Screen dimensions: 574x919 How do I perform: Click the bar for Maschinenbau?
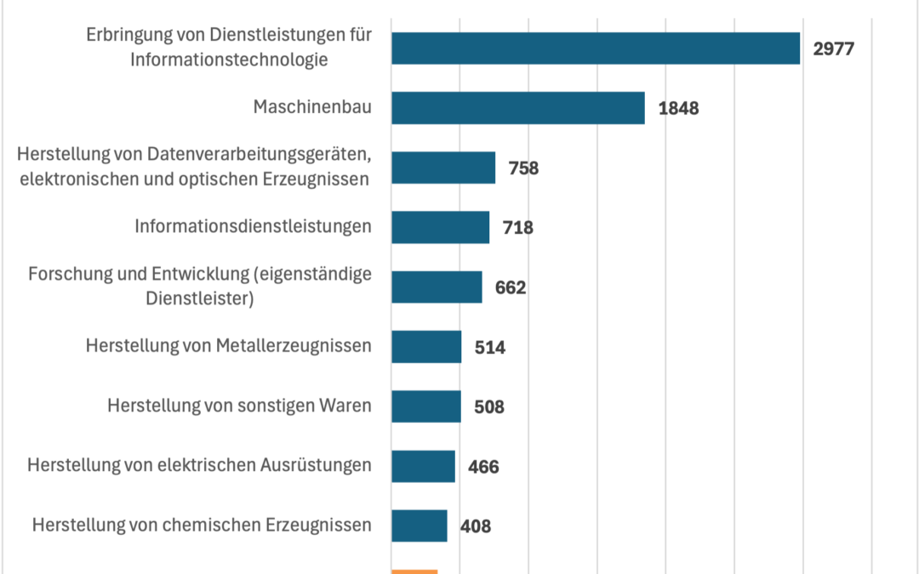coord(517,108)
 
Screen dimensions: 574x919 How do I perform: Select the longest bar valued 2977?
coord(596,48)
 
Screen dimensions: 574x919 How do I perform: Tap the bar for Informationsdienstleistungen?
coord(440,227)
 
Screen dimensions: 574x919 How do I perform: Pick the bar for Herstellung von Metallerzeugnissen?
coord(426,347)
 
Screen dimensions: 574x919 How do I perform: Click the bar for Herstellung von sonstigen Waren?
coord(425,406)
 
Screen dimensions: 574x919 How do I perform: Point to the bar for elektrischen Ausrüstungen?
coord(423,466)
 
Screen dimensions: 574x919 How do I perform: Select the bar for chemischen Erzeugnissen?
coord(419,526)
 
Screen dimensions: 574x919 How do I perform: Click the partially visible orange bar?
coord(414,571)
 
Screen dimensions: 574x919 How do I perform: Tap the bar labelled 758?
coord(443,168)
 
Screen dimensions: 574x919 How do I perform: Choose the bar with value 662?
coord(437,287)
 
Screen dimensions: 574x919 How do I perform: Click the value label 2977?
coord(833,48)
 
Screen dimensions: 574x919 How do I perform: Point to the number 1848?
coord(678,108)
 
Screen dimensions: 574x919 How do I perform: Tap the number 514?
coord(489,347)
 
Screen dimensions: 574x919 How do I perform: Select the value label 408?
coord(475,526)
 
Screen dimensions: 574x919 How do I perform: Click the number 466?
coord(482,467)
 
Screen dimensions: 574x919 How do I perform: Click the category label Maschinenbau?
coord(312,108)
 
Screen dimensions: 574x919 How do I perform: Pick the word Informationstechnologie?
coord(229,60)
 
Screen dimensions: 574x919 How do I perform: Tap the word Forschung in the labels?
coord(67,276)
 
